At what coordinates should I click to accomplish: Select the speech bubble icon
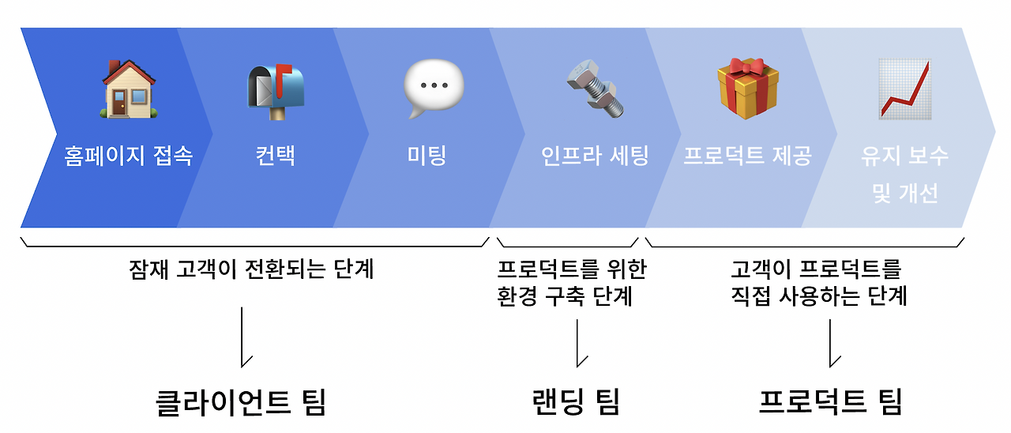click(x=434, y=88)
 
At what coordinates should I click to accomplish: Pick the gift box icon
click(x=747, y=88)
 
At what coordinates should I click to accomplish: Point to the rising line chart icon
click(x=905, y=88)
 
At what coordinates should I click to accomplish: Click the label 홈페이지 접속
click(x=128, y=156)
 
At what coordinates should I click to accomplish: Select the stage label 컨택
click(x=275, y=155)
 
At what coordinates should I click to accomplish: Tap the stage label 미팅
click(x=427, y=155)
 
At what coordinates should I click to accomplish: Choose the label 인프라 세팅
click(x=596, y=155)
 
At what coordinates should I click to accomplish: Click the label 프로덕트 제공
click(x=747, y=155)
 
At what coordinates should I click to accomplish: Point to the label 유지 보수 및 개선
click(x=905, y=174)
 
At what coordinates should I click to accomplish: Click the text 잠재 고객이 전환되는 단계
click(x=251, y=269)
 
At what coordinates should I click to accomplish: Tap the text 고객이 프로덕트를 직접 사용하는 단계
click(x=818, y=282)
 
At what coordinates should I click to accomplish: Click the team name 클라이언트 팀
click(x=240, y=402)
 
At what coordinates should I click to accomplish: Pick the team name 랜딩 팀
click(x=577, y=401)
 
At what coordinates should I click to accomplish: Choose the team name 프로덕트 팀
click(x=829, y=401)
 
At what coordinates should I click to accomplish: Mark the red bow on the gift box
click(x=747, y=66)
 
